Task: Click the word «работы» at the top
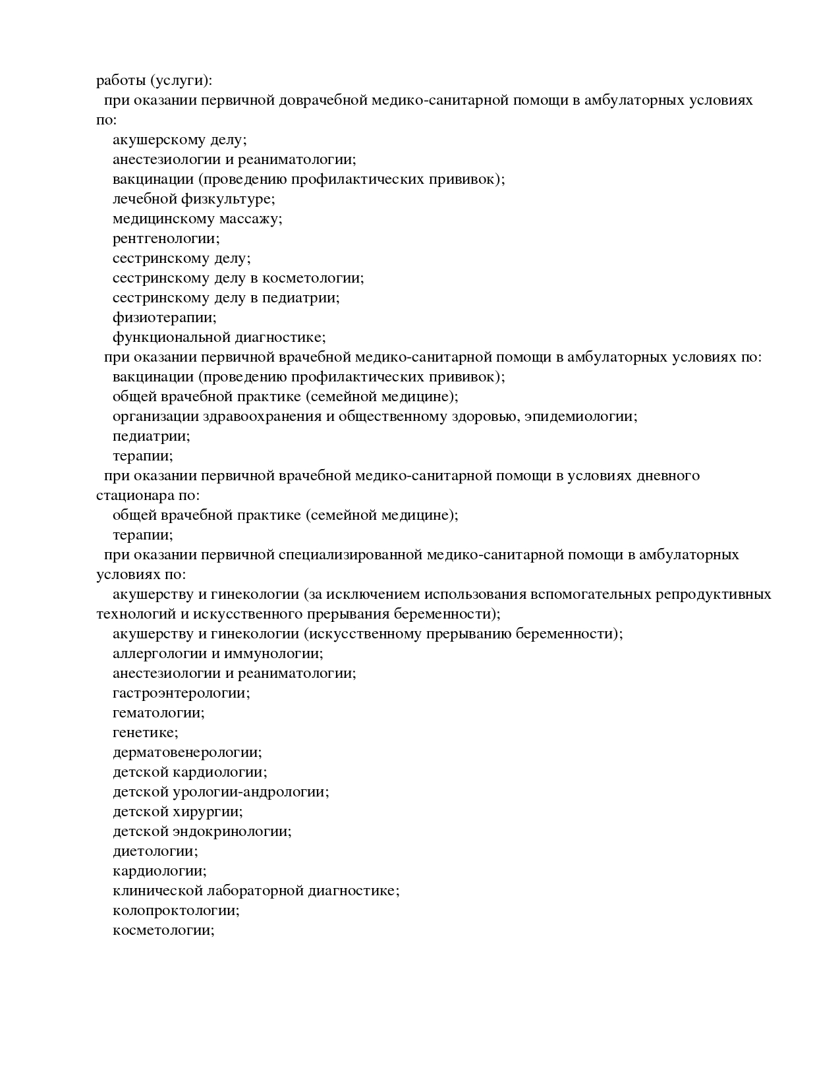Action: pyautogui.click(x=121, y=81)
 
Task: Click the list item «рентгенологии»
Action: pyautogui.click(x=166, y=238)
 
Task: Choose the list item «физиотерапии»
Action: pyautogui.click(x=164, y=318)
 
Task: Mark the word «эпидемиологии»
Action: pyautogui.click(x=580, y=416)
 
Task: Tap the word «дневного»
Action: pyautogui.click(x=667, y=476)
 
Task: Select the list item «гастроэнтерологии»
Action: pyautogui.click(x=181, y=693)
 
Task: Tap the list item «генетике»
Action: pyautogui.click(x=145, y=733)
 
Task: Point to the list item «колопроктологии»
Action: pyautogui.click(x=175, y=910)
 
